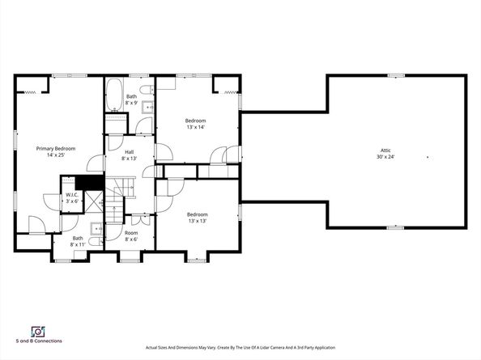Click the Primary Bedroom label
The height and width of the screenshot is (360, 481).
(x=55, y=148)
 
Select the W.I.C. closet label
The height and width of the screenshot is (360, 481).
(x=71, y=195)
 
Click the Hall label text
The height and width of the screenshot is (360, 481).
(x=130, y=152)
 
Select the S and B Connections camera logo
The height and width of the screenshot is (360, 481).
(x=36, y=332)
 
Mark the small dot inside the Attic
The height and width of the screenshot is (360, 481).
(x=428, y=157)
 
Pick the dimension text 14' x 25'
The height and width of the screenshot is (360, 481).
(x=55, y=155)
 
